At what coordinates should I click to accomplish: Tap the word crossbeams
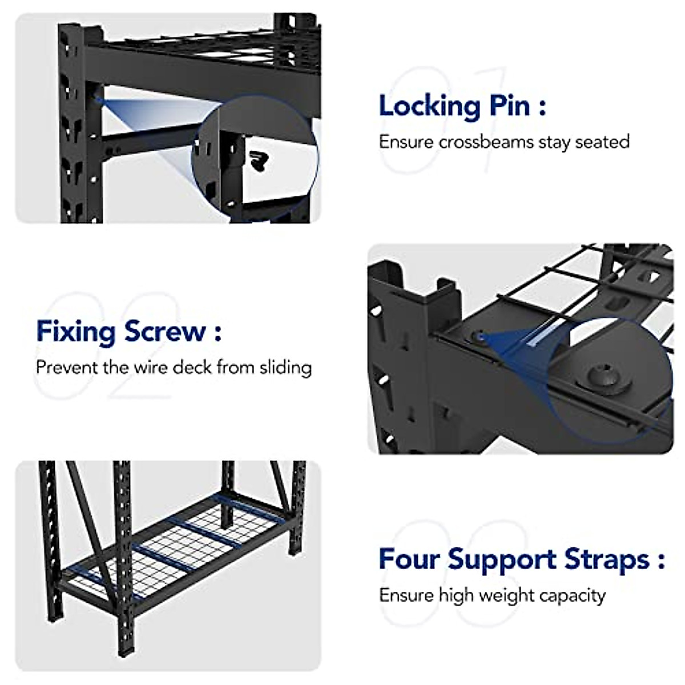[x=486, y=142]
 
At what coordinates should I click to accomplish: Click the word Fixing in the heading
[x=76, y=332]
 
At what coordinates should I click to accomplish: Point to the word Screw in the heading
[x=165, y=332]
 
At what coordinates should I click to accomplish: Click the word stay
[x=555, y=142]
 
